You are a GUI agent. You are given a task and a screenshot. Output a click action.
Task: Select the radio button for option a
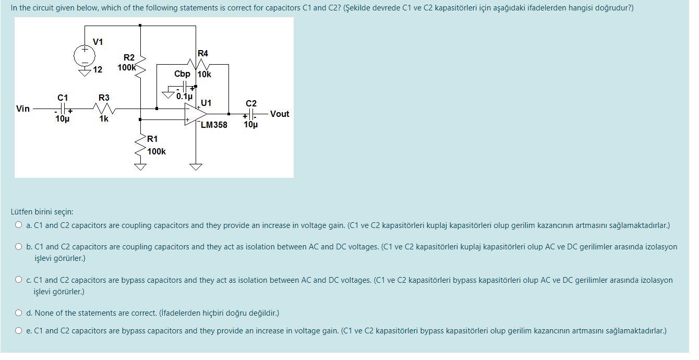19,225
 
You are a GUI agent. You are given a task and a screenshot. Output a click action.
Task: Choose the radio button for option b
19,247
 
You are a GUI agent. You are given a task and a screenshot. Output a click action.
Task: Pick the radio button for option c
19,280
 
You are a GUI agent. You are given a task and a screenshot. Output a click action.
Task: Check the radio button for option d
19,313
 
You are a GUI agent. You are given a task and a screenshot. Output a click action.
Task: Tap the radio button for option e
19,331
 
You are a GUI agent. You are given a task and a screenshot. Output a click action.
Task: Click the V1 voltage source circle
84,55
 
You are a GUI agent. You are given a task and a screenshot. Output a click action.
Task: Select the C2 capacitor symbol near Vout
251,114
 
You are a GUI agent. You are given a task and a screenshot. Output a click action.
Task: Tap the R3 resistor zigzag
104,109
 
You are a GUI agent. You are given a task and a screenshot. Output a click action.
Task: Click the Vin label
23,109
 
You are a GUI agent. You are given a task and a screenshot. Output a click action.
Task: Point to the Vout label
280,114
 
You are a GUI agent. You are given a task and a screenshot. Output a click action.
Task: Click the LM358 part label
214,125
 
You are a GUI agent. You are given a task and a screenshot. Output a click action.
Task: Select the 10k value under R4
204,75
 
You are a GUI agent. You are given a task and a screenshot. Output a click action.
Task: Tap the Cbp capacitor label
182,74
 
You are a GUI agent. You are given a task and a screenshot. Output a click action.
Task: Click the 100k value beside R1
156,151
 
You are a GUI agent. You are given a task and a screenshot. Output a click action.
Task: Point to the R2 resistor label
129,57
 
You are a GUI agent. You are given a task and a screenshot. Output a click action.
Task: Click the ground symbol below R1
140,167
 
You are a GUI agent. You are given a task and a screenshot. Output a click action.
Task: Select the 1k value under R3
104,119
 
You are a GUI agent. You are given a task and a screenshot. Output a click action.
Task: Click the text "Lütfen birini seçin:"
42,212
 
